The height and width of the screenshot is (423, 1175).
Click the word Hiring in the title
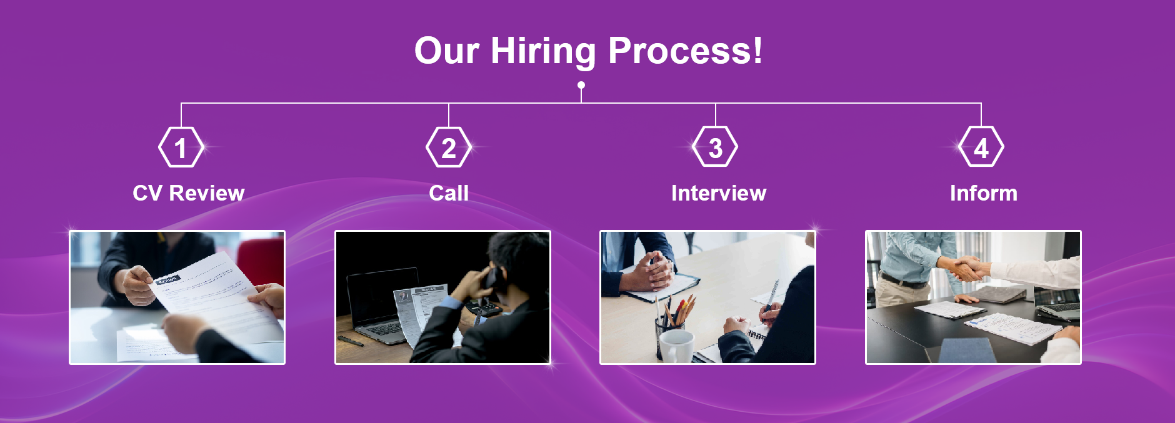(x=543, y=51)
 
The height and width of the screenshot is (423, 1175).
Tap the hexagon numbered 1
(x=181, y=147)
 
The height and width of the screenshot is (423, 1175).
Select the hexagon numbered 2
(x=449, y=147)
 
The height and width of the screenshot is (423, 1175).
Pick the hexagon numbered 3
(x=716, y=147)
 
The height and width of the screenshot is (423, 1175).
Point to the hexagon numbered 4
(x=981, y=147)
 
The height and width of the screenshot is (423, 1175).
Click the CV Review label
(x=189, y=193)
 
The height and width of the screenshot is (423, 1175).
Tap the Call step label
(x=449, y=193)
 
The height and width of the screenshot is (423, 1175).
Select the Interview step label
(x=719, y=193)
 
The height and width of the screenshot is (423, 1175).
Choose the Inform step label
(x=984, y=193)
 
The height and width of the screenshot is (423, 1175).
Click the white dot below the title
(x=581, y=85)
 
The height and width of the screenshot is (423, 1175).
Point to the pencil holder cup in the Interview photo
(x=667, y=334)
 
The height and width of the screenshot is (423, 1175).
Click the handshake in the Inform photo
(x=967, y=269)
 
